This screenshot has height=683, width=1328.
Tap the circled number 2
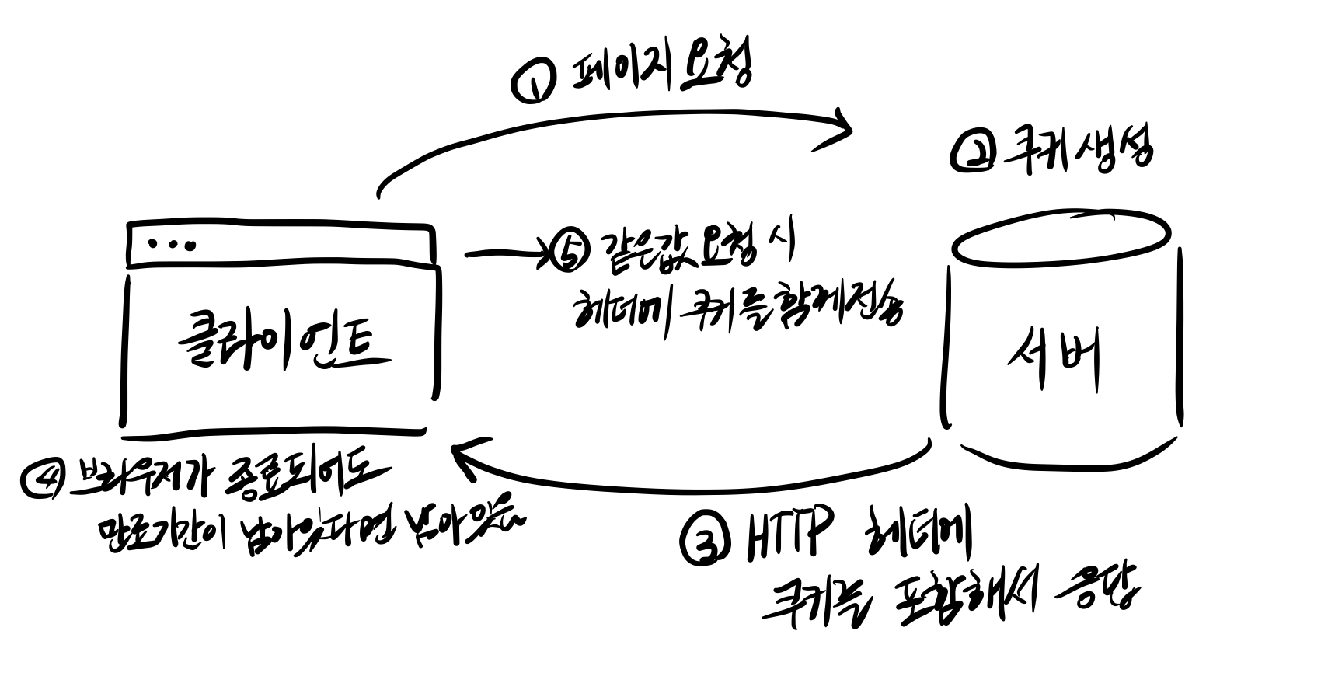pos(972,153)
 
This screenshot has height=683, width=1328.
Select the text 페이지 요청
pos(661,71)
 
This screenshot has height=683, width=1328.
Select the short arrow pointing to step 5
pos(505,253)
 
